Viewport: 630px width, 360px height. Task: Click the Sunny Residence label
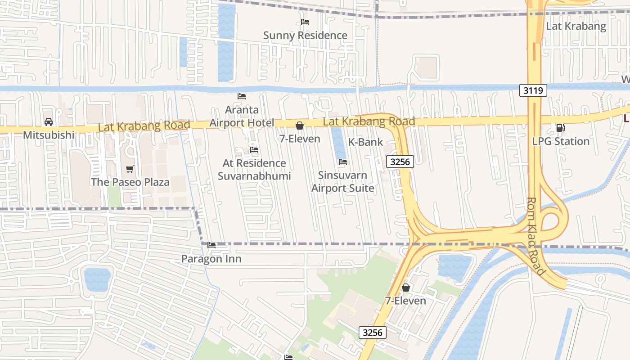tap(305, 36)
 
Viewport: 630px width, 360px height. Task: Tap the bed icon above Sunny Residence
tap(305, 22)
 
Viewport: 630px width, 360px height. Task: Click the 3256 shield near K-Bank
tap(400, 162)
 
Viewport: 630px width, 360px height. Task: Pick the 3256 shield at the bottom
tap(373, 333)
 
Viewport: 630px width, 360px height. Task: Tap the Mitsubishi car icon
tap(48, 122)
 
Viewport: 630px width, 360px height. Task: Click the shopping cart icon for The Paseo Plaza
tap(130, 169)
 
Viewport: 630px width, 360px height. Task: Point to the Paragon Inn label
tap(211, 259)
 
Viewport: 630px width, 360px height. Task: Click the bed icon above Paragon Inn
tap(211, 245)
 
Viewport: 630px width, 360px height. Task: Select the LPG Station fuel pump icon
tap(560, 128)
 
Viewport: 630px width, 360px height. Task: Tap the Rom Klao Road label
tap(535, 236)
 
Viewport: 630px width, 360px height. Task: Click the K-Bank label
tap(365, 142)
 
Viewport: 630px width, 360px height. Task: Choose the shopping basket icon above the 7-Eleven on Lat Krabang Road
tap(299, 126)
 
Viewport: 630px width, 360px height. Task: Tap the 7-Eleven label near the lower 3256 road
tap(405, 301)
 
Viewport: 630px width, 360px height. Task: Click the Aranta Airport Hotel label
tap(242, 116)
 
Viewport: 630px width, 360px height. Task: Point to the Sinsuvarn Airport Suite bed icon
tap(342, 162)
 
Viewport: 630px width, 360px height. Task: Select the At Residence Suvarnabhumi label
tap(254, 170)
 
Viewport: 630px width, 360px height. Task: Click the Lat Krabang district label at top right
tap(576, 26)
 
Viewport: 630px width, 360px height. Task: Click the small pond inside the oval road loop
tap(97, 279)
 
